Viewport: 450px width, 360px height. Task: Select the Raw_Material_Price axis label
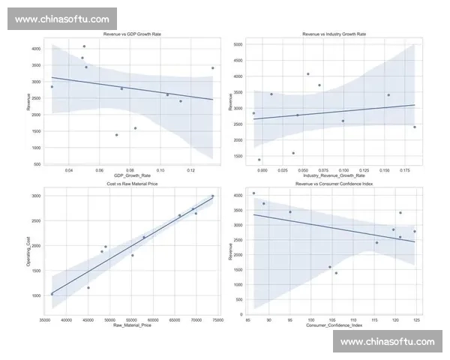tap(132, 325)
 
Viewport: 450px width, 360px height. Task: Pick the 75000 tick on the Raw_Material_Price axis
tap(217, 320)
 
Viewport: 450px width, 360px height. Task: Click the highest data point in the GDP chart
tap(84, 46)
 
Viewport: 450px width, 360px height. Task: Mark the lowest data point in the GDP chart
tap(116, 135)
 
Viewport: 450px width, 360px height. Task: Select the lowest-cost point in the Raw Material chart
tap(52, 294)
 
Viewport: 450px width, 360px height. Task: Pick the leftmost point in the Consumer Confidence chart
tap(253, 193)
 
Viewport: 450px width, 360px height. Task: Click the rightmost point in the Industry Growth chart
tap(415, 127)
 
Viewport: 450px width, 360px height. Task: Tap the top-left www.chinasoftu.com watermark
tap(61, 19)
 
